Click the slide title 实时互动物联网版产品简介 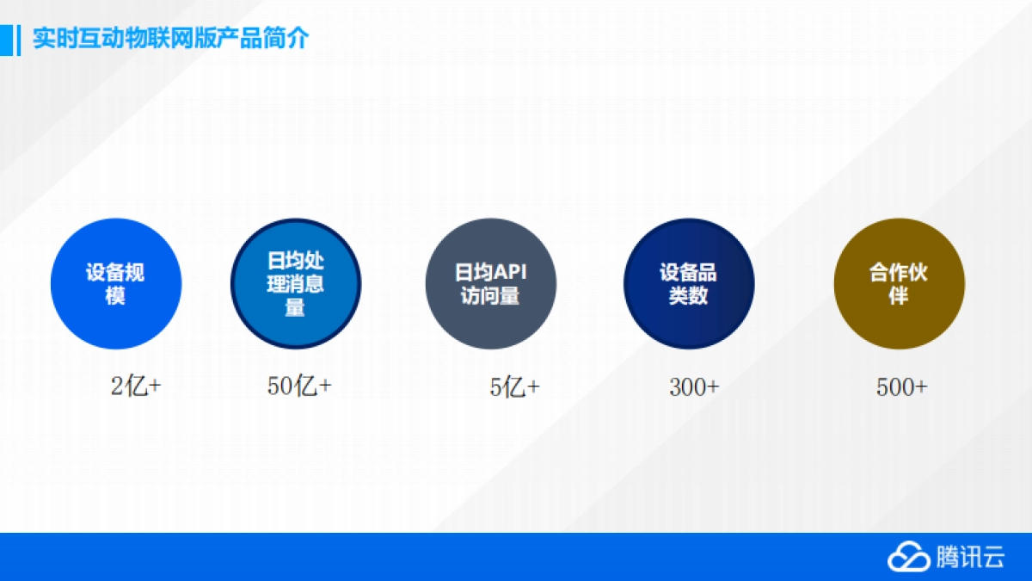(x=170, y=40)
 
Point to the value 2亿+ (x=136, y=387)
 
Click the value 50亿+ (x=299, y=387)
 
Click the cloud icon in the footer (x=908, y=557)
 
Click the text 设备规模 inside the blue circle (x=115, y=285)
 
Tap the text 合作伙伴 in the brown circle (x=899, y=285)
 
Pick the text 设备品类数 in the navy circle (x=689, y=285)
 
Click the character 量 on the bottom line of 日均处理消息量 (x=295, y=307)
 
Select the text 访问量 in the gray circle (x=490, y=296)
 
